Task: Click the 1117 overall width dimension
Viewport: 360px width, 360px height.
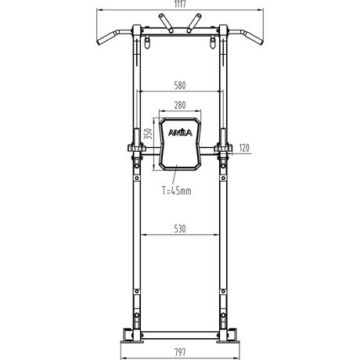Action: pyautogui.click(x=180, y=4)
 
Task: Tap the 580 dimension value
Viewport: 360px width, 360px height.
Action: pyautogui.click(x=180, y=85)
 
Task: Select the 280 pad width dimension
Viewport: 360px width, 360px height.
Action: pyautogui.click(x=180, y=105)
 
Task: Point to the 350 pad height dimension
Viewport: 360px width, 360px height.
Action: pyautogui.click(x=148, y=134)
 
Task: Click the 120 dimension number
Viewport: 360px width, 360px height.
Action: pyautogui.click(x=244, y=148)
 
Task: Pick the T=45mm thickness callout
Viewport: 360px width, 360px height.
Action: pyautogui.click(x=177, y=191)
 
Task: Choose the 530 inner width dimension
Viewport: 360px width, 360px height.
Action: pyautogui.click(x=180, y=229)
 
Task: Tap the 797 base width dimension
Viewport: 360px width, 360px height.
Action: pyautogui.click(x=180, y=352)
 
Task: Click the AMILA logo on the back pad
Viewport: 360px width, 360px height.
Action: pyautogui.click(x=180, y=133)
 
